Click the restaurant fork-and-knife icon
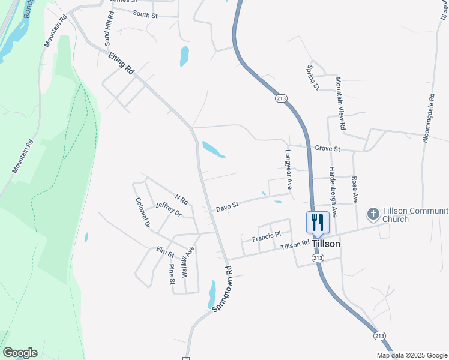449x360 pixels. (318, 222)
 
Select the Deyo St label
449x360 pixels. (228, 205)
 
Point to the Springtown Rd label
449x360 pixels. (221, 288)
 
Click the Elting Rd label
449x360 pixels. (121, 62)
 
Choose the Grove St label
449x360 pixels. (328, 148)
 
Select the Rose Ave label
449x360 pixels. (355, 188)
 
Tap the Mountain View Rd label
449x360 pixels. (340, 104)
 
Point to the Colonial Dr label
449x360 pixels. (143, 214)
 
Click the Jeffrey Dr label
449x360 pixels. (168, 209)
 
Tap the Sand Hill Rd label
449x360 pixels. (109, 30)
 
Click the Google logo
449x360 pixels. (20, 353)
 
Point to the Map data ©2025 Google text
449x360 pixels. (411, 355)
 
